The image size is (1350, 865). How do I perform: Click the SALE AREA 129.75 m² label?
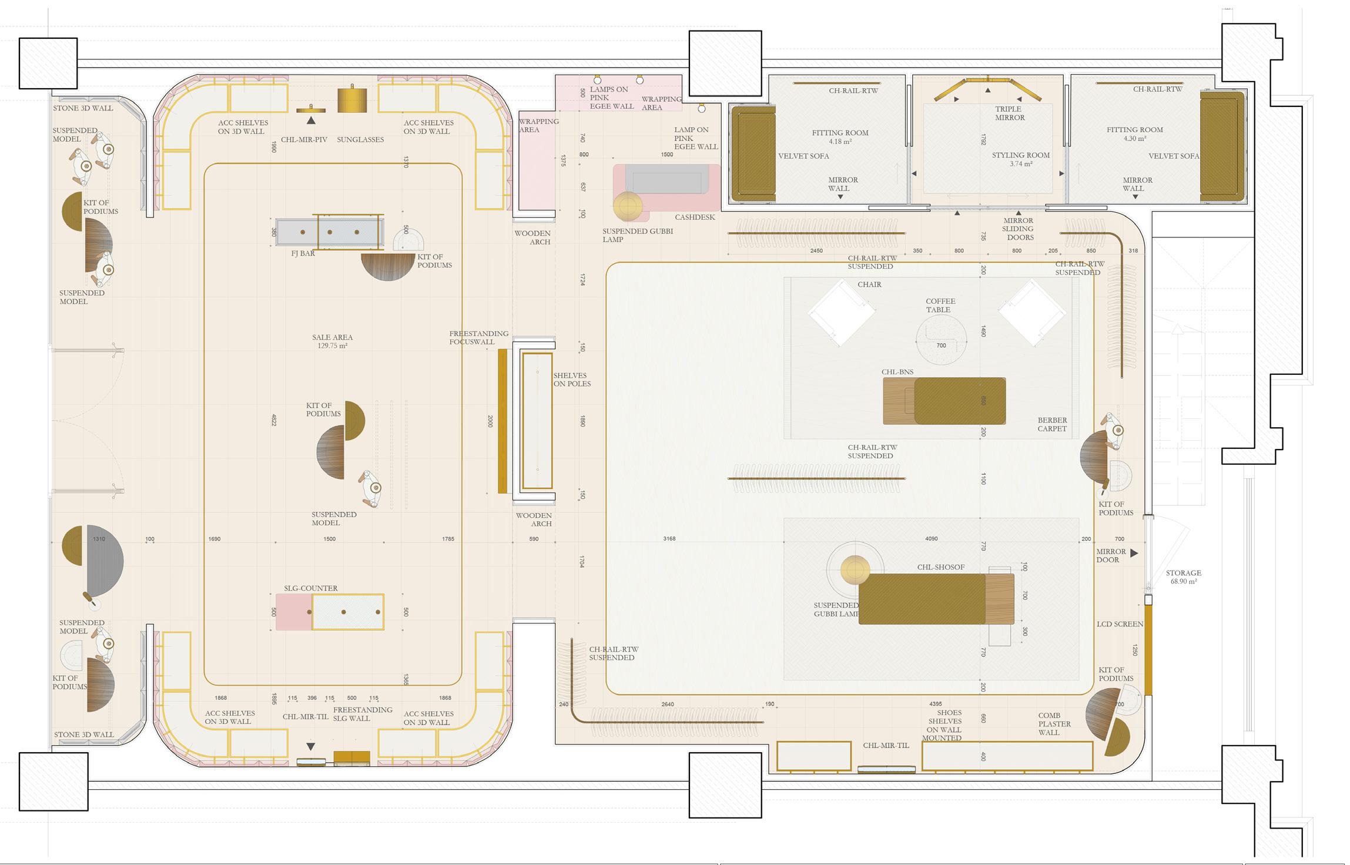(332, 341)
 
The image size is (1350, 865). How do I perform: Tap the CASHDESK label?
(695, 217)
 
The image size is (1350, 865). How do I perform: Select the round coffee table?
(941, 340)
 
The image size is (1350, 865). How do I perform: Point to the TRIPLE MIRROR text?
(1010, 113)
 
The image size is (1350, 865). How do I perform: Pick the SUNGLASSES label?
(360, 139)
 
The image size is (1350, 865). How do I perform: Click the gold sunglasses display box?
(352, 100)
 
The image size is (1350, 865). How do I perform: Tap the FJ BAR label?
(303, 253)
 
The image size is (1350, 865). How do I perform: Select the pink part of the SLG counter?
(294, 612)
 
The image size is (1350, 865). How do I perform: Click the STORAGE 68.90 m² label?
(1184, 577)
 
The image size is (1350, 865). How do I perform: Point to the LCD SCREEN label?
(1120, 624)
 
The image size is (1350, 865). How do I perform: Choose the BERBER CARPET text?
(1052, 424)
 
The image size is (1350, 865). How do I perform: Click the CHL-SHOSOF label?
(941, 567)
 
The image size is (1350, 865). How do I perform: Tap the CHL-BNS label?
(897, 372)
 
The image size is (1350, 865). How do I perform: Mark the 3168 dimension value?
(669, 538)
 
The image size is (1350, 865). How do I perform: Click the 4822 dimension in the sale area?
(274, 420)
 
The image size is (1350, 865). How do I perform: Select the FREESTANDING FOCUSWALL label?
(478, 337)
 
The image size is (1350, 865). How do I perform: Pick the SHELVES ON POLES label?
(572, 380)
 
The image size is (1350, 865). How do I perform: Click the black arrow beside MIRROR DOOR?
(1134, 553)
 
